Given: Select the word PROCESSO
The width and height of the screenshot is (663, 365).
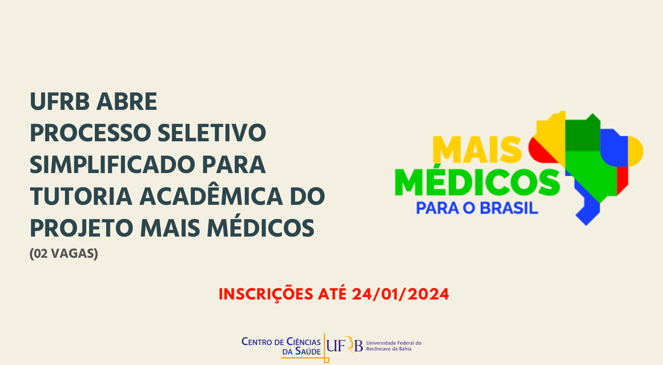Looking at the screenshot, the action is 90,133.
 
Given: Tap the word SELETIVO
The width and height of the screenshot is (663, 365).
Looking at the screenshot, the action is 212,133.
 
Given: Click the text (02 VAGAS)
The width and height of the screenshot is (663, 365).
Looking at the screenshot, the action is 64,254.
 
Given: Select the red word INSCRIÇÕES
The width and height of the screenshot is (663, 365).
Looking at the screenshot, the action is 266,294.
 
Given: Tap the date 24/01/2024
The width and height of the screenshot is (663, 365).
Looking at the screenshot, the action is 400,294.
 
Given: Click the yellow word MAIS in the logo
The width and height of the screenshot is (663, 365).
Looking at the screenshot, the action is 477,150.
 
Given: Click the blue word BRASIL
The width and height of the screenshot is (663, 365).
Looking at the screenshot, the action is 509,208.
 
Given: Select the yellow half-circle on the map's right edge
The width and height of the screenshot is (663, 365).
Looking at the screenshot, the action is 635,151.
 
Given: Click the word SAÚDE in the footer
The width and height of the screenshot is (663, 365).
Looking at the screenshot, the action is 308,351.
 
